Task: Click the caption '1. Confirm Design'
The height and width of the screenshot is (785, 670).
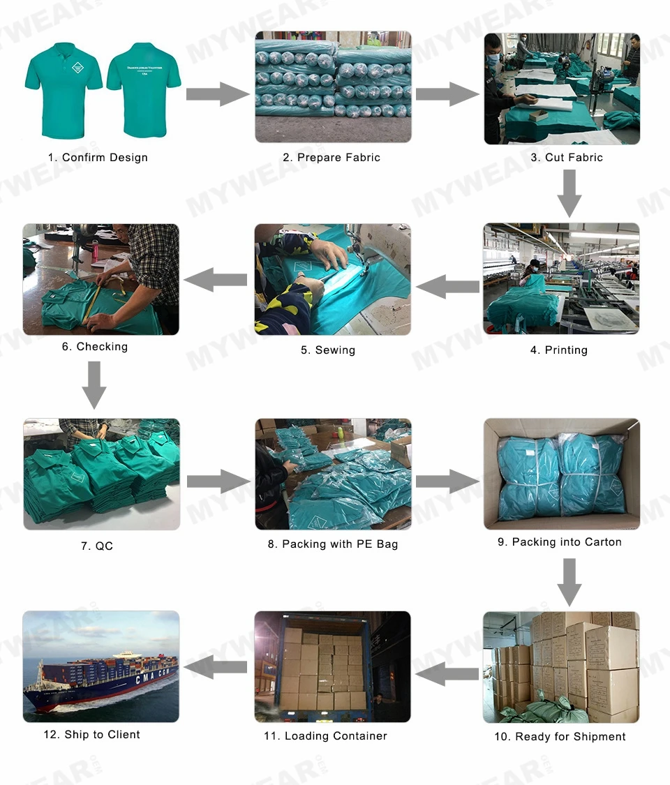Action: tap(98, 158)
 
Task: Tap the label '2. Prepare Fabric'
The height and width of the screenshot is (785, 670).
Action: tap(332, 158)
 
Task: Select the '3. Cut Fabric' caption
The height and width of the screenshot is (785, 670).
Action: tap(567, 158)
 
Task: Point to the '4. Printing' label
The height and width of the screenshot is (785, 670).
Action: tap(558, 350)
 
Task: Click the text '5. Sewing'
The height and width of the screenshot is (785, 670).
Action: tap(328, 350)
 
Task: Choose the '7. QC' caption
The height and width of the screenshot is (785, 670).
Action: tap(96, 546)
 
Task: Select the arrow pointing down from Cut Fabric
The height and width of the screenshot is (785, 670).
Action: tap(569, 193)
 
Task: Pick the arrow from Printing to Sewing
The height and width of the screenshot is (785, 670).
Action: tap(447, 285)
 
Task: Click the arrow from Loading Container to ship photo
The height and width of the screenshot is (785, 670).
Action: tap(216, 667)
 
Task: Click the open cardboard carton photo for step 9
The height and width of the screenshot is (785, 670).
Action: tap(562, 474)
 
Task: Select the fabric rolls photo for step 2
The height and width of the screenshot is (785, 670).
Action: tap(333, 87)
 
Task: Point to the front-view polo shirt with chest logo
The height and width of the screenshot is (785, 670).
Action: tap(63, 87)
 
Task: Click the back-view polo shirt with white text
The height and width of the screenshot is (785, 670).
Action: tap(143, 87)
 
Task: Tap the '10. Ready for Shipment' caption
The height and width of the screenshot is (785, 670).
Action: tap(560, 737)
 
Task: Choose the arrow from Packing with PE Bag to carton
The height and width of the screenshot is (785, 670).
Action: tap(447, 481)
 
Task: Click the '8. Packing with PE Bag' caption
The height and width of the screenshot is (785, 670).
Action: tap(333, 544)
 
